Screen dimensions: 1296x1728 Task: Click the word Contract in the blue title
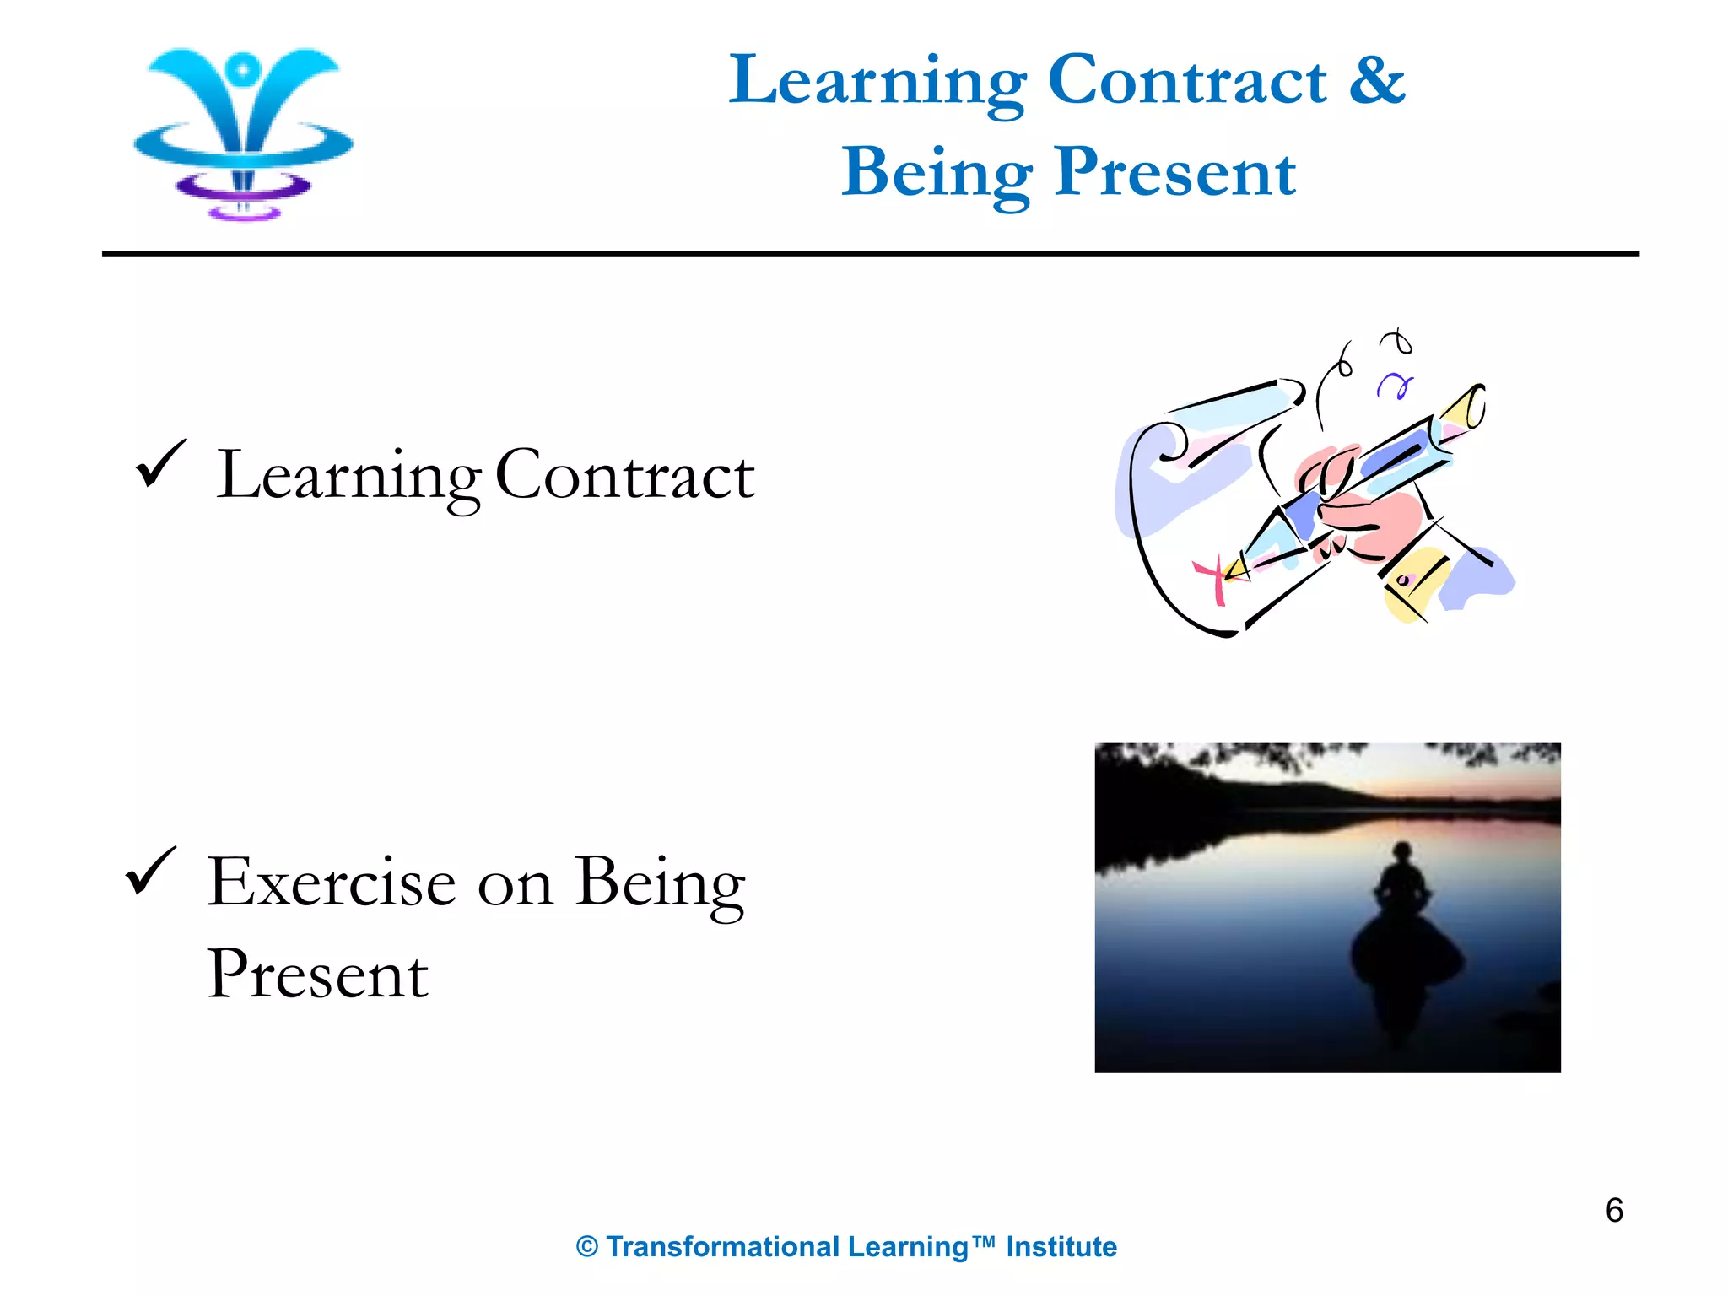point(1187,80)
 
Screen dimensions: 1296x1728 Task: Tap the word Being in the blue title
point(937,173)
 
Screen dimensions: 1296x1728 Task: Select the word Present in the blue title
point(1174,173)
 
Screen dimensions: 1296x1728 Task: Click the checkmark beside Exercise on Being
point(151,871)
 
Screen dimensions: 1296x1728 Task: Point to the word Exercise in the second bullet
point(332,883)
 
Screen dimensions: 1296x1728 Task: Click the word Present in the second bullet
point(318,975)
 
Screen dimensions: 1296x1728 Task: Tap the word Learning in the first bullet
point(348,477)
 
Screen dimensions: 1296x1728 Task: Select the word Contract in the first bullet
point(624,477)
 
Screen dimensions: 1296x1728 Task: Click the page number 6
point(1614,1211)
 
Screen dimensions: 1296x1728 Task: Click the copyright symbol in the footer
point(587,1247)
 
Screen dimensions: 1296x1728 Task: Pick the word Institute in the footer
point(1061,1247)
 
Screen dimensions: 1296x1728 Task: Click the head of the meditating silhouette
point(1401,852)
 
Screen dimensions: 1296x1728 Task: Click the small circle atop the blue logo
point(243,67)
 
